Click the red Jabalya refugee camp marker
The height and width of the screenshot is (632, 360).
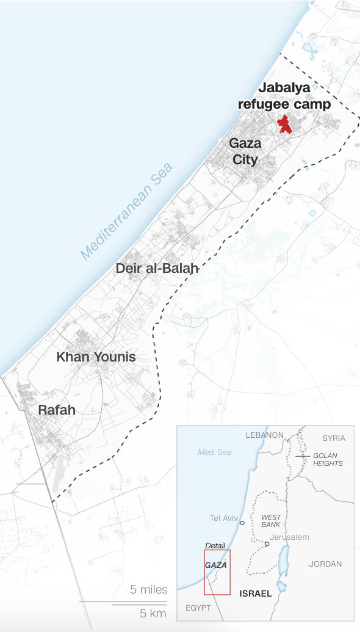pos(284,124)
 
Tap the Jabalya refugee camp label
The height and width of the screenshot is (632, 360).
pos(284,96)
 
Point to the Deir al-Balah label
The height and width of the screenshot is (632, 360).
pos(157,267)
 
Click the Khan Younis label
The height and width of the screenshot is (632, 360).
pos(96,357)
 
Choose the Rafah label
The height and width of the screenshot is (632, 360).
pos(57,410)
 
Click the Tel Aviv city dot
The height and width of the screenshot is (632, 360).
pos(242,523)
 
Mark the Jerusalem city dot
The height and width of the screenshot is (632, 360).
pos(267,543)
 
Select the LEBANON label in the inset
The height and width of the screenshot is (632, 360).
pos(264,435)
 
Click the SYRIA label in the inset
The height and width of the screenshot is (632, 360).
pos(334,438)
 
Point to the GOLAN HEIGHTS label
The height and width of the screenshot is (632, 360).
pos(328,460)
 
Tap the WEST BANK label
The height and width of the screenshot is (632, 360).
pos(271,521)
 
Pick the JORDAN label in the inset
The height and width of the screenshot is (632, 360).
pos(325,564)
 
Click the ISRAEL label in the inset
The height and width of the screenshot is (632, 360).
pos(255,594)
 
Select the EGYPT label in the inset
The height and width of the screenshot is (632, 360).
pos(198,608)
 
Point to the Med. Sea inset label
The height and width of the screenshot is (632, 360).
pos(214,452)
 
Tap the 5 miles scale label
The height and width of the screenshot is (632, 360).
pos(149,590)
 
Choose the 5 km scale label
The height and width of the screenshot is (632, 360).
pos(153,613)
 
